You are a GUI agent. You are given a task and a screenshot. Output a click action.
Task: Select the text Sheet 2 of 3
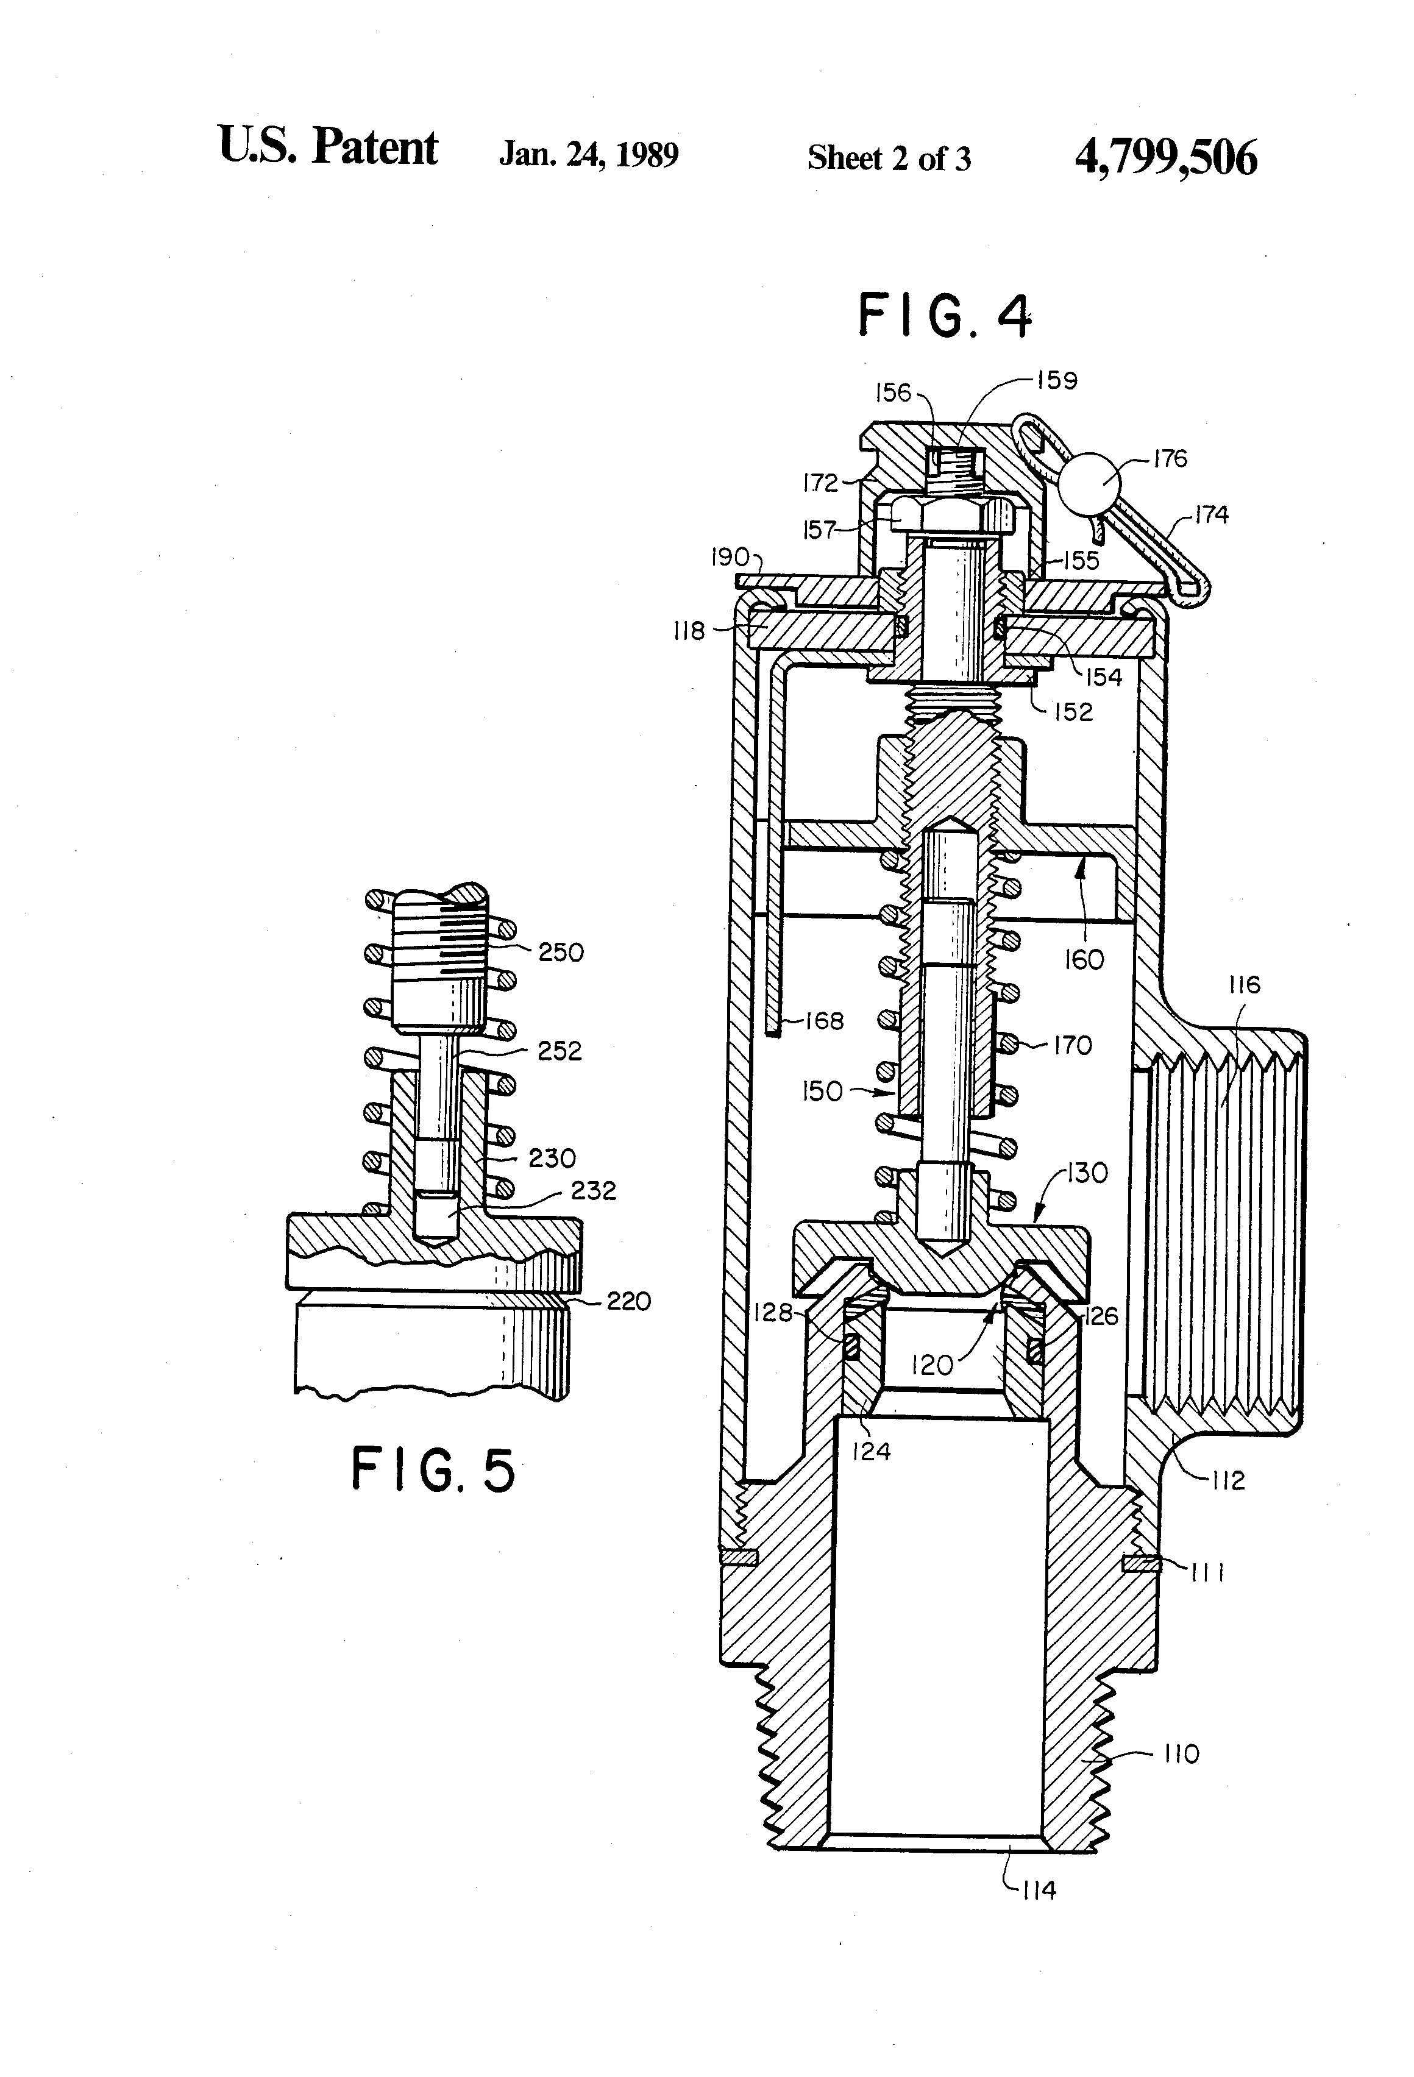(889, 158)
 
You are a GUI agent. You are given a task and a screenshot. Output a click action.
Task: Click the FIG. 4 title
(944, 316)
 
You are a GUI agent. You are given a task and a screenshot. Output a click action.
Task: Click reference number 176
(1170, 458)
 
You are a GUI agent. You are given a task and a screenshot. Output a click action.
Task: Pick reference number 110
(1182, 1755)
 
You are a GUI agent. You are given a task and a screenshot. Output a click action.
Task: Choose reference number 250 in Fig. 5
(560, 953)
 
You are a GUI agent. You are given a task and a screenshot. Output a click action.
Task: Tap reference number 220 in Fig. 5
(628, 1301)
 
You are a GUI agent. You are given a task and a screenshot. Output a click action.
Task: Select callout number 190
(730, 558)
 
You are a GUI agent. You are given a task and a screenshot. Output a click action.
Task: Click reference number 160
(1083, 960)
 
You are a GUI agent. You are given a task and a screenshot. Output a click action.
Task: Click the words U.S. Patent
(328, 147)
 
